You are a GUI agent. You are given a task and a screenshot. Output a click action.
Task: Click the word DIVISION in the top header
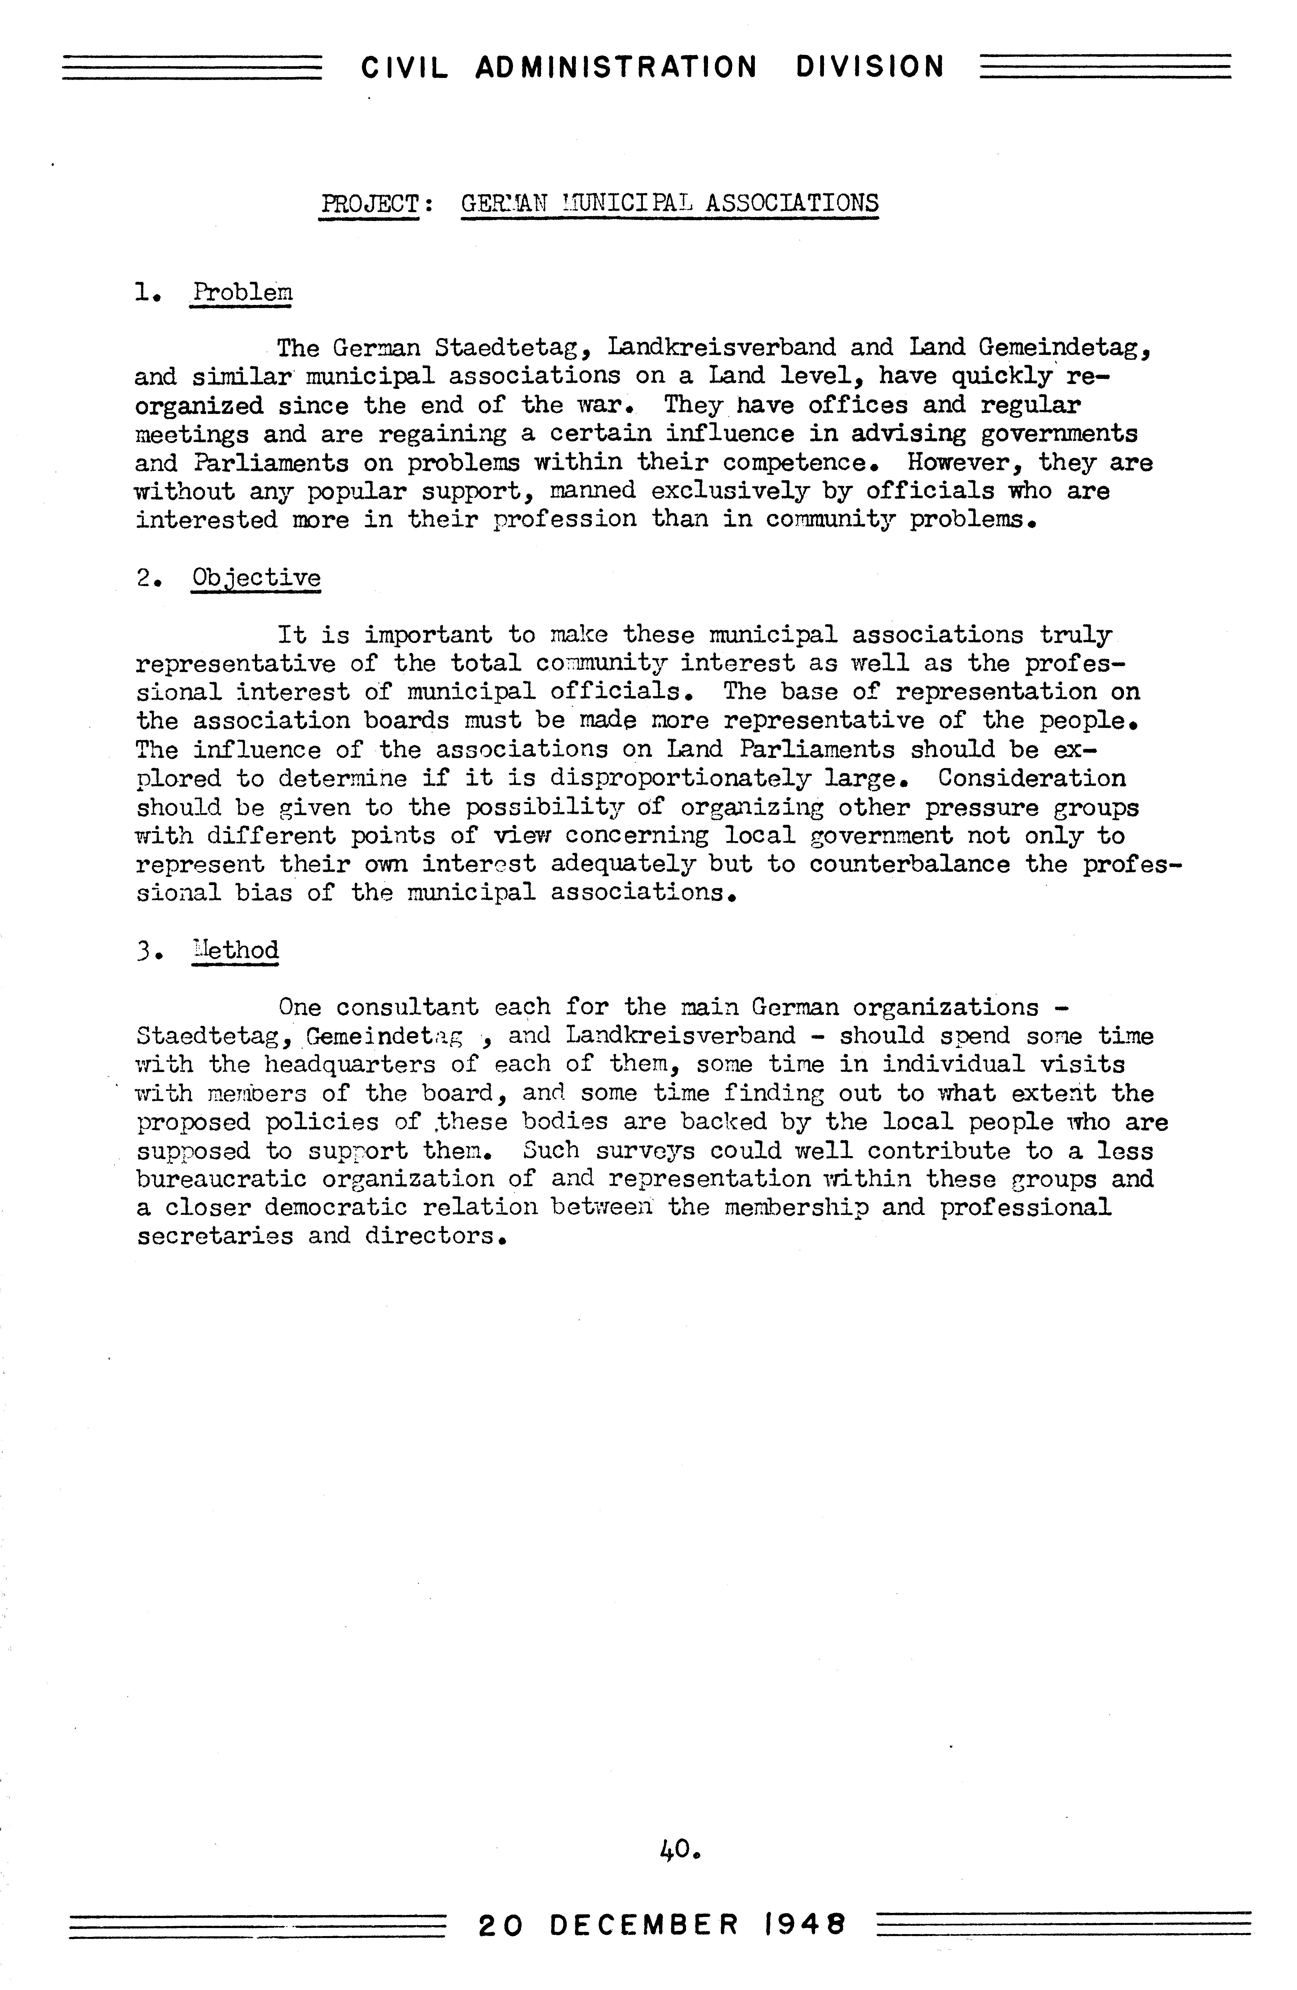(870, 67)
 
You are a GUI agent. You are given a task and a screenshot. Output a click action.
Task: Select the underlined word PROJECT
(369, 203)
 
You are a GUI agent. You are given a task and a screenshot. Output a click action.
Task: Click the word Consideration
(1031, 778)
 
